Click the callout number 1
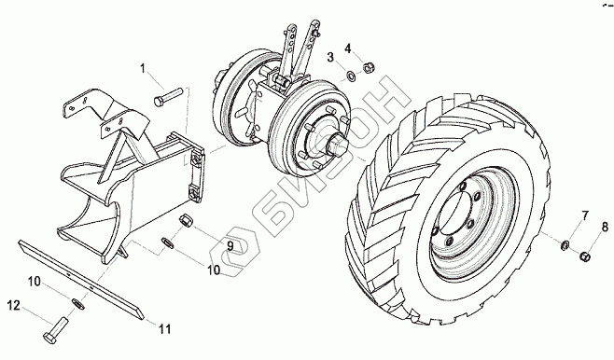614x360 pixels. click(143, 69)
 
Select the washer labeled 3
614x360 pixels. click(351, 75)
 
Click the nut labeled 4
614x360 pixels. click(368, 68)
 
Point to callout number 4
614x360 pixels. click(348, 48)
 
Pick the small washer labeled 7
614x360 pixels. click(565, 245)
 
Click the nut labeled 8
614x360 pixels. click(584, 257)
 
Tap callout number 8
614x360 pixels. click(605, 227)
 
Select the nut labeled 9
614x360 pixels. click(185, 220)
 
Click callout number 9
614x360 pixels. click(230, 246)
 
